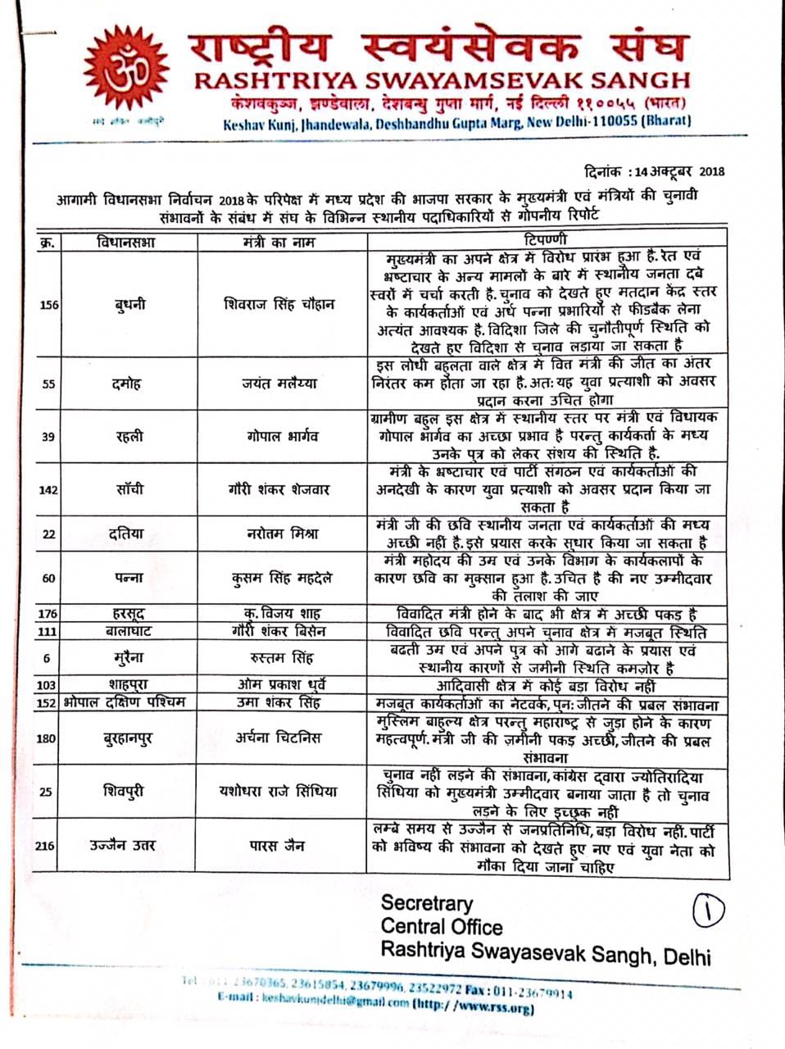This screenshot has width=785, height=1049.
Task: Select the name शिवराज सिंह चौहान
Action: click(279, 303)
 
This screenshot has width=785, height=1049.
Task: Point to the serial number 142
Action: click(49, 489)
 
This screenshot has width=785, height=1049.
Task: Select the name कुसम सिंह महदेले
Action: click(281, 577)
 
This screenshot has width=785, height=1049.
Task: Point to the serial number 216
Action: click(46, 845)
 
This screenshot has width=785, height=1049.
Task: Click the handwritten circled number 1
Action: click(710, 910)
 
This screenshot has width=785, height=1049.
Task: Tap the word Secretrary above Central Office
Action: click(426, 903)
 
